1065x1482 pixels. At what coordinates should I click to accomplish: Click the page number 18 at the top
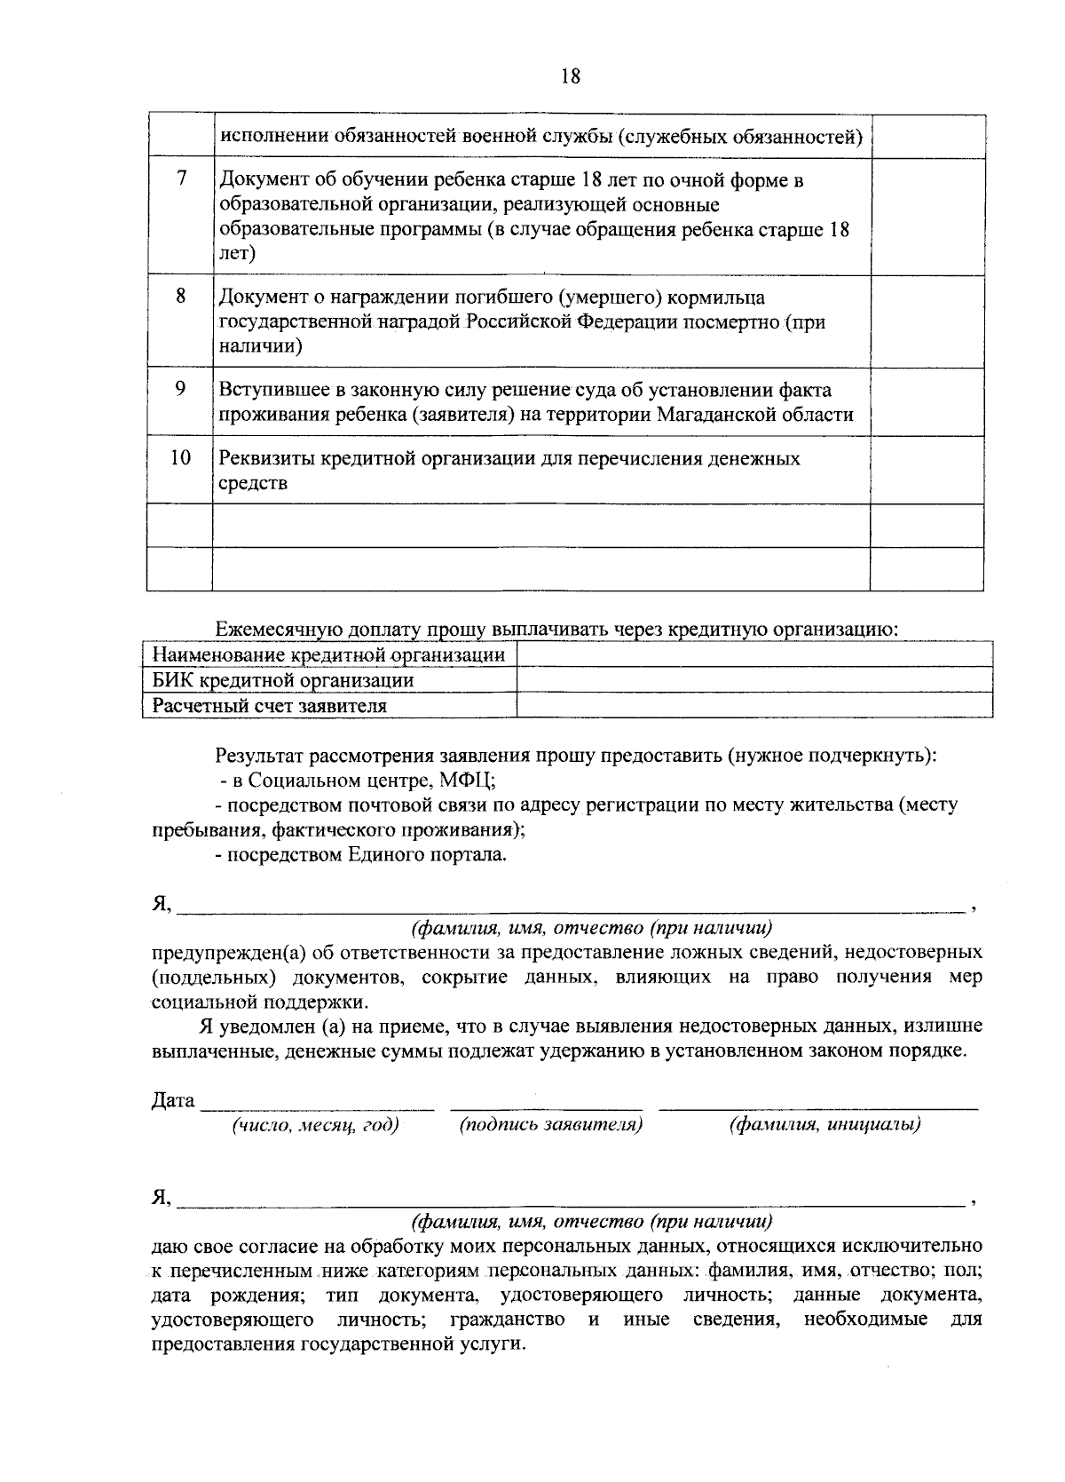pyautogui.click(x=570, y=76)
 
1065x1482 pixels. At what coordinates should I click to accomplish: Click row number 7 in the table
pyautogui.click(x=180, y=178)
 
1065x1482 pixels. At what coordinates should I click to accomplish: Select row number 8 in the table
pyautogui.click(x=180, y=296)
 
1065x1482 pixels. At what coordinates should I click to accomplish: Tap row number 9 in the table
pyautogui.click(x=180, y=388)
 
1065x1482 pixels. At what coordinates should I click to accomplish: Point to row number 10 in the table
pyautogui.click(x=180, y=457)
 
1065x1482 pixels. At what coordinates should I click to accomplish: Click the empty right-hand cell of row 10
pyautogui.click(x=927, y=471)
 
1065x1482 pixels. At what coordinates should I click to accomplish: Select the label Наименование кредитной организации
pyautogui.click(x=328, y=655)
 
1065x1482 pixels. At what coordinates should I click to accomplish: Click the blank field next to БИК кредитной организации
pyautogui.click(x=753, y=680)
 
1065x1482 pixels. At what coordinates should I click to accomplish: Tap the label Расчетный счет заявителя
pyautogui.click(x=269, y=706)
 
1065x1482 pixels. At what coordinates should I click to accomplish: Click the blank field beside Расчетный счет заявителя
pyautogui.click(x=753, y=706)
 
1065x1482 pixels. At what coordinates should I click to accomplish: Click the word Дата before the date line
pyautogui.click(x=173, y=1100)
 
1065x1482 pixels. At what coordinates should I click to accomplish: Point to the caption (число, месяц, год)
pyautogui.click(x=315, y=1125)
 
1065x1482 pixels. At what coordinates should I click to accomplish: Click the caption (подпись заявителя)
pyautogui.click(x=550, y=1125)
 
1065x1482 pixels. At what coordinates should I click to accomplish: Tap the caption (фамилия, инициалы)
pyautogui.click(x=824, y=1125)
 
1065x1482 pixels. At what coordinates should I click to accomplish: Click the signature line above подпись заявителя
pyautogui.click(x=547, y=1107)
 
